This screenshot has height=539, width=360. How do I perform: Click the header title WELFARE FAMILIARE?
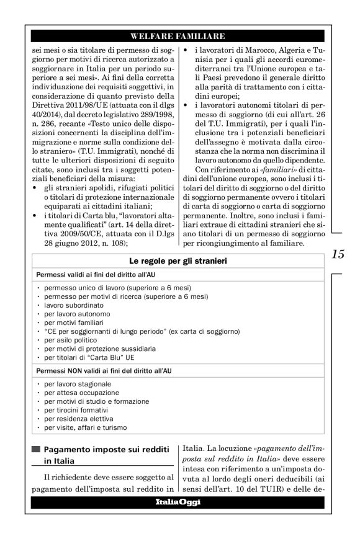(x=179, y=35)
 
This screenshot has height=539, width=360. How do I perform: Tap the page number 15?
(x=338, y=270)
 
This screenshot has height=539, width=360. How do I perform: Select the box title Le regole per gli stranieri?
(x=179, y=279)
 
